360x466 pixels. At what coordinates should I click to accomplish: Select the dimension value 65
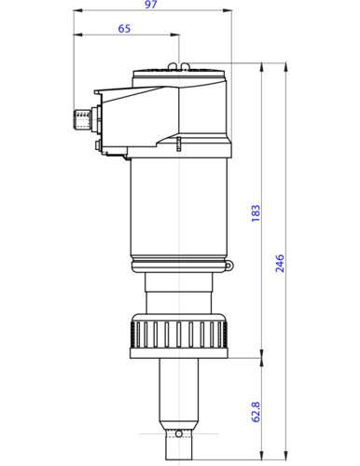(124, 29)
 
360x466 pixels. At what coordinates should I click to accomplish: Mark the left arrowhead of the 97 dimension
(76, 13)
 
